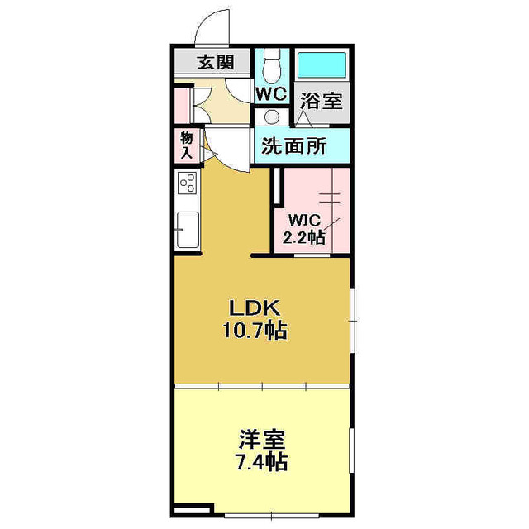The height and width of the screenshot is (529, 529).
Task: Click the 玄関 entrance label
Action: [214, 61]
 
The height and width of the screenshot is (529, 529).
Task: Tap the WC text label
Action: [270, 94]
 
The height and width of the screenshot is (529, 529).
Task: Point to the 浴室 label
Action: [321, 102]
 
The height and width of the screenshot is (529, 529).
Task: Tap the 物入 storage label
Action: [186, 146]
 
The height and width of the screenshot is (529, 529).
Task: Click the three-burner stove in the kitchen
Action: [187, 183]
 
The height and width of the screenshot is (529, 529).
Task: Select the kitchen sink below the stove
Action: [187, 227]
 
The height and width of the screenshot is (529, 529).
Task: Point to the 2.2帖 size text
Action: [303, 237]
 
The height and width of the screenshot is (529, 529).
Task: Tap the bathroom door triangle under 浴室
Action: [304, 118]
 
